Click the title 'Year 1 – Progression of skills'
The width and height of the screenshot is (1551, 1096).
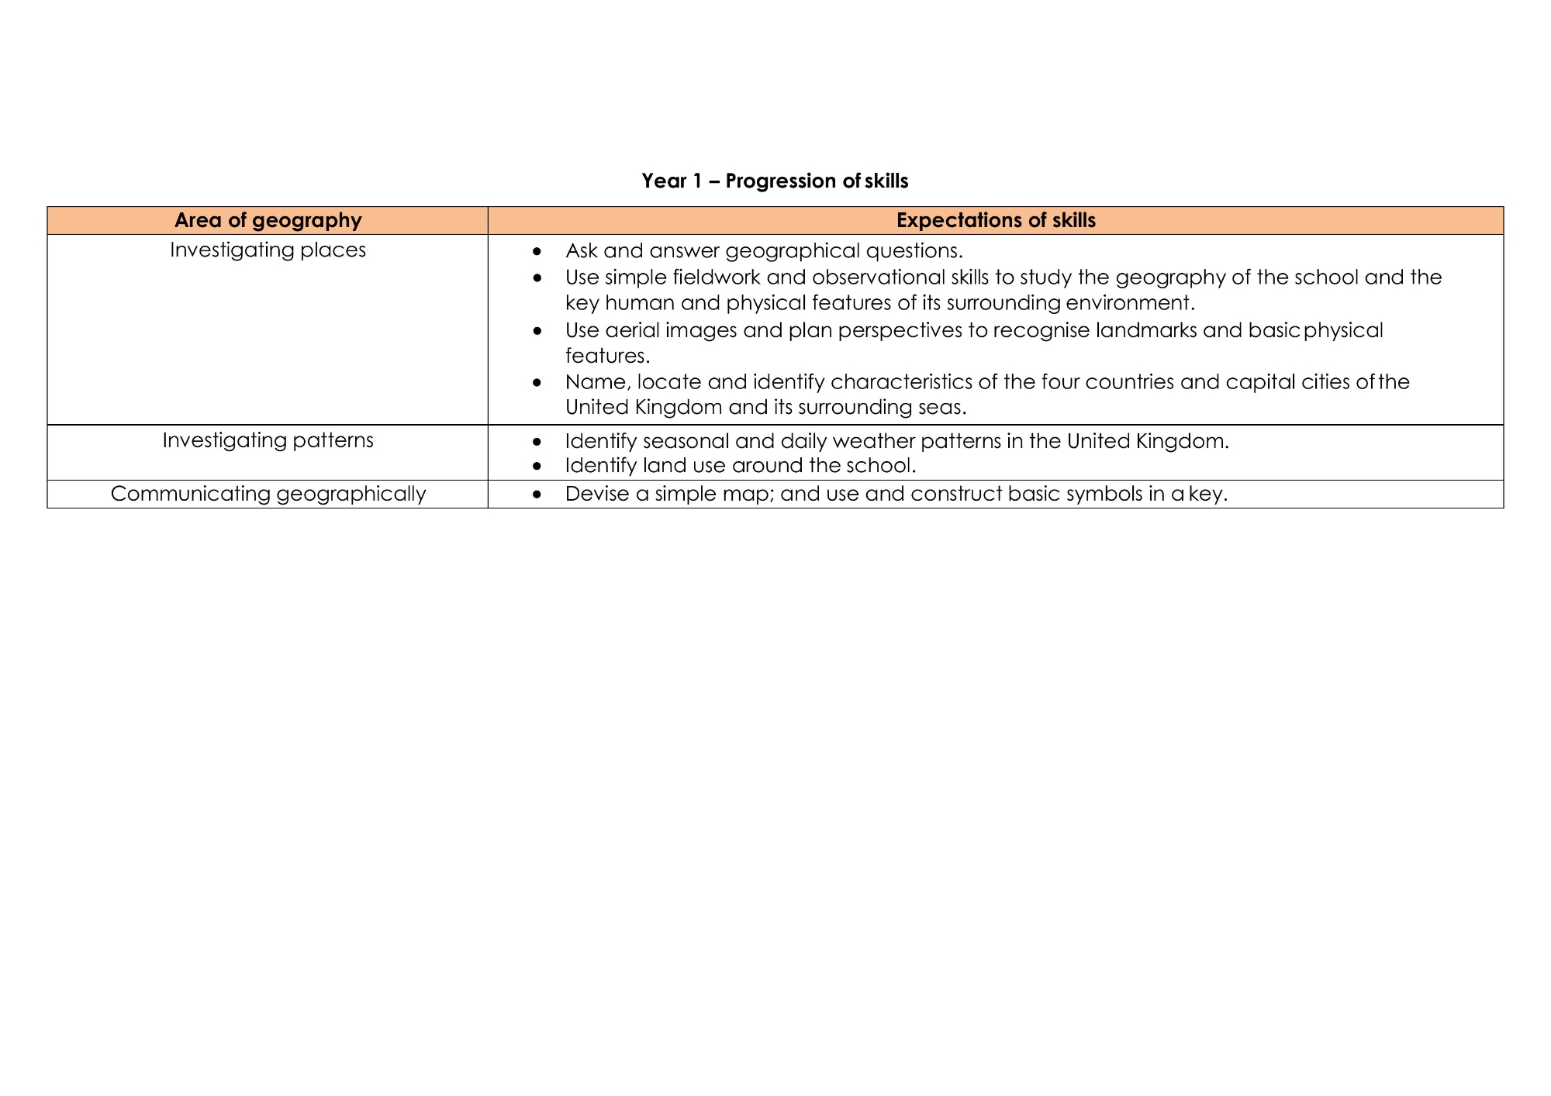(775, 181)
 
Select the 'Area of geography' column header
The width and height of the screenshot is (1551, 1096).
(268, 221)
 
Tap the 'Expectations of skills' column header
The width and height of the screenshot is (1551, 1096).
(996, 221)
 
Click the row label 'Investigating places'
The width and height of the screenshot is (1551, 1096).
(268, 250)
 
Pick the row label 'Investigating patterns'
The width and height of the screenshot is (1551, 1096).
(268, 440)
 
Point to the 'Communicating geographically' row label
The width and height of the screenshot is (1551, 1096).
(268, 494)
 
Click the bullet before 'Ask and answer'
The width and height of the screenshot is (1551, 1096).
(537, 251)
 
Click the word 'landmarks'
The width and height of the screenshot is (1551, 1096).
(1146, 331)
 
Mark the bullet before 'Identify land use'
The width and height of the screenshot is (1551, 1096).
(537, 466)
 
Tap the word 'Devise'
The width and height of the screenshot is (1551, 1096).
(597, 495)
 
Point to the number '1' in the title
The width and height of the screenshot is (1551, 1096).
(697, 181)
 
